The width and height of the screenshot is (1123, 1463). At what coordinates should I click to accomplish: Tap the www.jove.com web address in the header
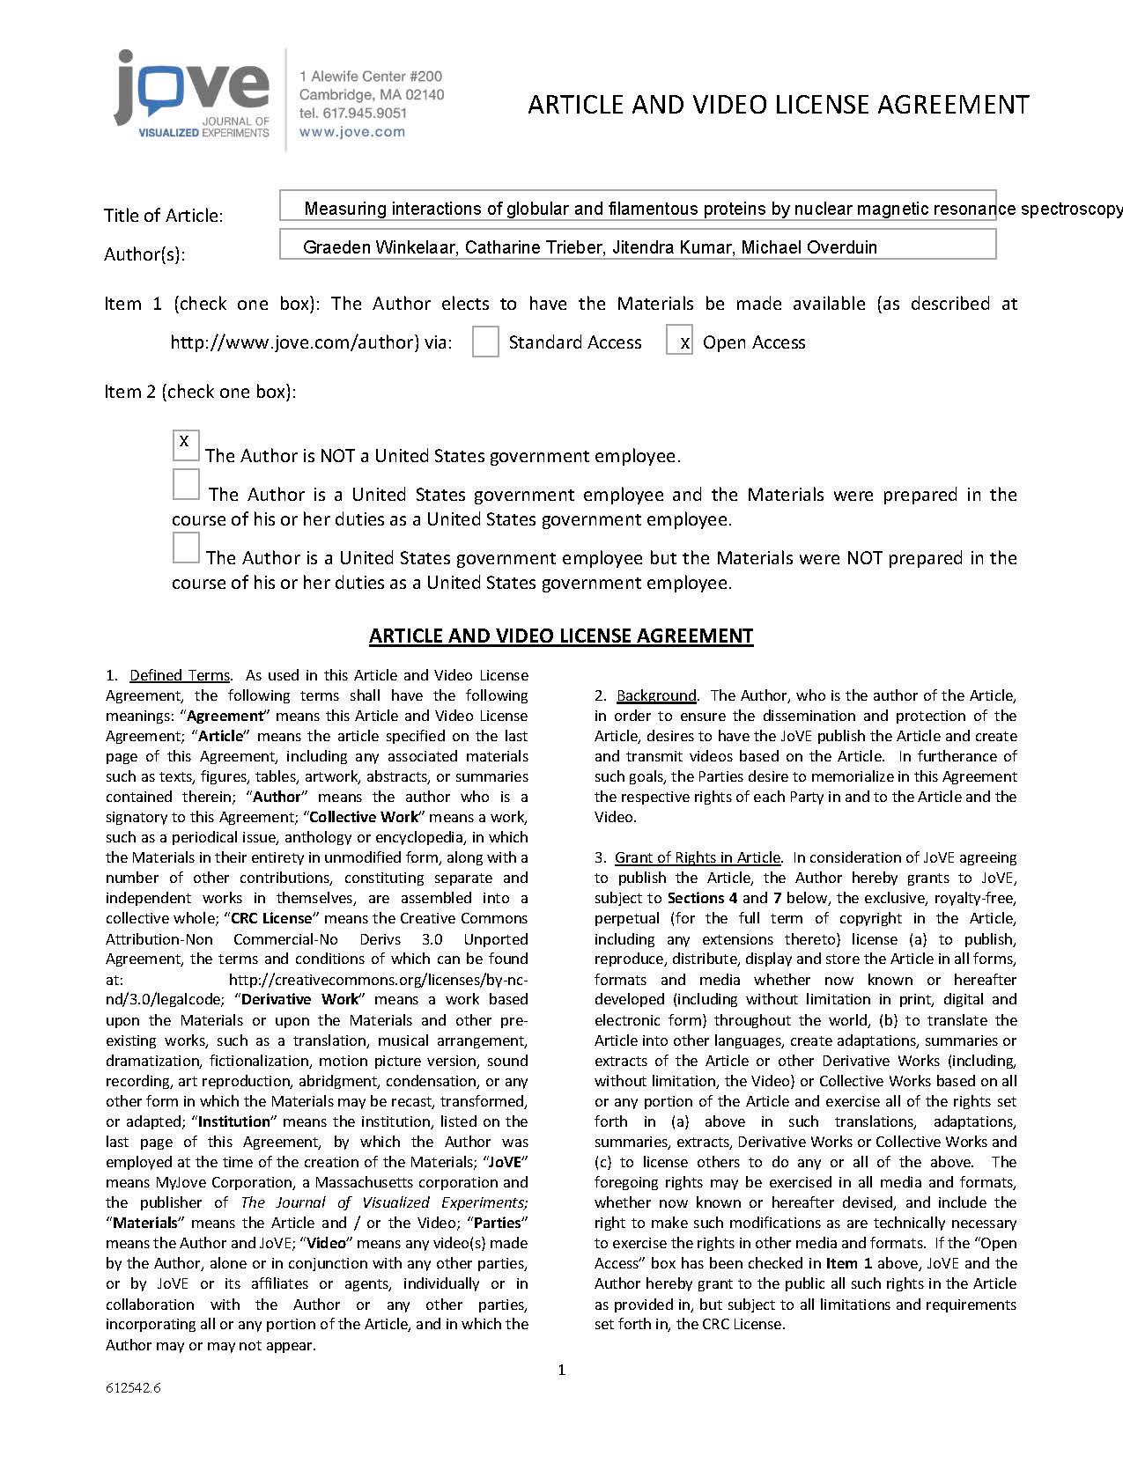click(352, 132)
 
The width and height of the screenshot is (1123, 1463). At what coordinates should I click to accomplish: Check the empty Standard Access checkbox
click(485, 342)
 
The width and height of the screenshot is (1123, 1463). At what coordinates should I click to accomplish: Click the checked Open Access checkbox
click(679, 341)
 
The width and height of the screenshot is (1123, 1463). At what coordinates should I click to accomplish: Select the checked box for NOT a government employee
click(185, 445)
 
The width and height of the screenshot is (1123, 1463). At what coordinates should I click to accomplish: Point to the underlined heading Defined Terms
click(180, 675)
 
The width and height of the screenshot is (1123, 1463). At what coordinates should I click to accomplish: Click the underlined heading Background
click(656, 695)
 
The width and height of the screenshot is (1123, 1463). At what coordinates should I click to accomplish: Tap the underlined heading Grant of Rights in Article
click(698, 857)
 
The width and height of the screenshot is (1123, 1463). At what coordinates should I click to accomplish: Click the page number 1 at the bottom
click(562, 1370)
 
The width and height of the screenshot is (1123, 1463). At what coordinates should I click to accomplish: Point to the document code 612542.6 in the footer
click(133, 1389)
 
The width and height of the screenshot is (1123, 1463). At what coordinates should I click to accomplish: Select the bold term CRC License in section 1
click(271, 918)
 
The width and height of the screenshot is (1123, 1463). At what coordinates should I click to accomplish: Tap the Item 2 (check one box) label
click(200, 392)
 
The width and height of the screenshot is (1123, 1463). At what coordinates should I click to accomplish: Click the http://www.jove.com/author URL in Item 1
click(294, 342)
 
